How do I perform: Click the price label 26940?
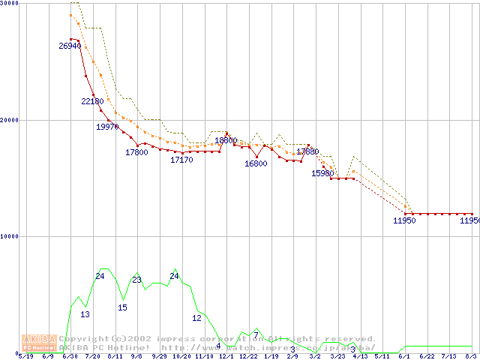[70, 46]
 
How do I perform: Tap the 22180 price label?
[92, 101]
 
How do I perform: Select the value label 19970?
[106, 127]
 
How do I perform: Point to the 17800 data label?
[136, 152]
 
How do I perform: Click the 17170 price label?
[181, 160]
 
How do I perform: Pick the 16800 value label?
[256, 163]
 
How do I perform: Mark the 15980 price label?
[322, 173]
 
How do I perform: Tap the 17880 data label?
[307, 151]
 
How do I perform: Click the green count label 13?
[85, 314]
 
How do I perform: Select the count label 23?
[136, 280]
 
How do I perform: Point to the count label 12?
[196, 318]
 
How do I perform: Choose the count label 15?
[122, 307]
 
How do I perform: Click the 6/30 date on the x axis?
[70, 356]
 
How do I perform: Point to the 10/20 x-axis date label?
[181, 356]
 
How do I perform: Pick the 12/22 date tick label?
[248, 356]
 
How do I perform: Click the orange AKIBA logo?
[39, 343]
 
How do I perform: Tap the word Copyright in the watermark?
[84, 338]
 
